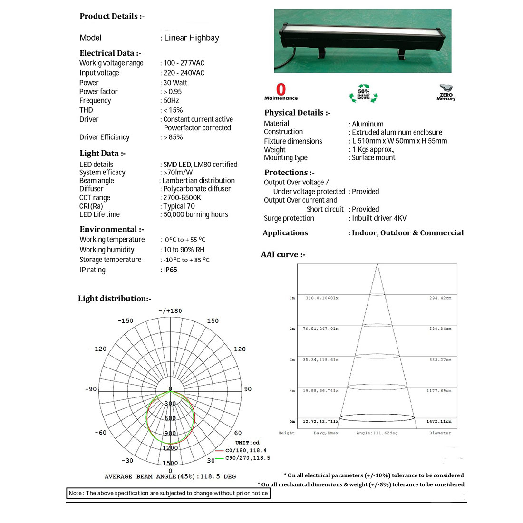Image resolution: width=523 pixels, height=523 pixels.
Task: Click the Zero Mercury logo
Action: tap(446, 92)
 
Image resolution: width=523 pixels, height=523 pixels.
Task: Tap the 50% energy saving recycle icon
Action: tap(363, 94)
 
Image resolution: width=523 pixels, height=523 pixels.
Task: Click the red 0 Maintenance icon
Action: tap(281, 92)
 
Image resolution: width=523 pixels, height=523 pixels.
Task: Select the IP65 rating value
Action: tap(170, 270)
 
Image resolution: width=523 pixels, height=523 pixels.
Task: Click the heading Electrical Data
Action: tap(110, 53)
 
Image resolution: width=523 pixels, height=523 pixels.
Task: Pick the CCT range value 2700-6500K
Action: tap(182, 198)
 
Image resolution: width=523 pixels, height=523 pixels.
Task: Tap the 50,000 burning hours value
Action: tap(195, 214)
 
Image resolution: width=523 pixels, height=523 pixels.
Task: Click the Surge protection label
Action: tap(289, 218)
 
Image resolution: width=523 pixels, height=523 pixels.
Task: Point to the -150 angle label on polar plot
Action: tap(126, 321)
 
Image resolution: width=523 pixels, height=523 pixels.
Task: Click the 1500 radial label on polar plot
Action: tap(170, 463)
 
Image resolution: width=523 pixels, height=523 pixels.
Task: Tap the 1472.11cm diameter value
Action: tap(438, 422)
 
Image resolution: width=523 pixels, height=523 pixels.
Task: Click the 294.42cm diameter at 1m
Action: tap(440, 298)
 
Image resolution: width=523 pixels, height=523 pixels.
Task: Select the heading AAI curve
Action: tap(283, 255)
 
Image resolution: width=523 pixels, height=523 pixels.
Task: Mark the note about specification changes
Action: tap(168, 494)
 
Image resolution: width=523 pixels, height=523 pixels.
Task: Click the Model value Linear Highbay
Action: tap(191, 38)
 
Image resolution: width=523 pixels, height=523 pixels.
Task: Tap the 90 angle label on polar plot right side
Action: tap(248, 389)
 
